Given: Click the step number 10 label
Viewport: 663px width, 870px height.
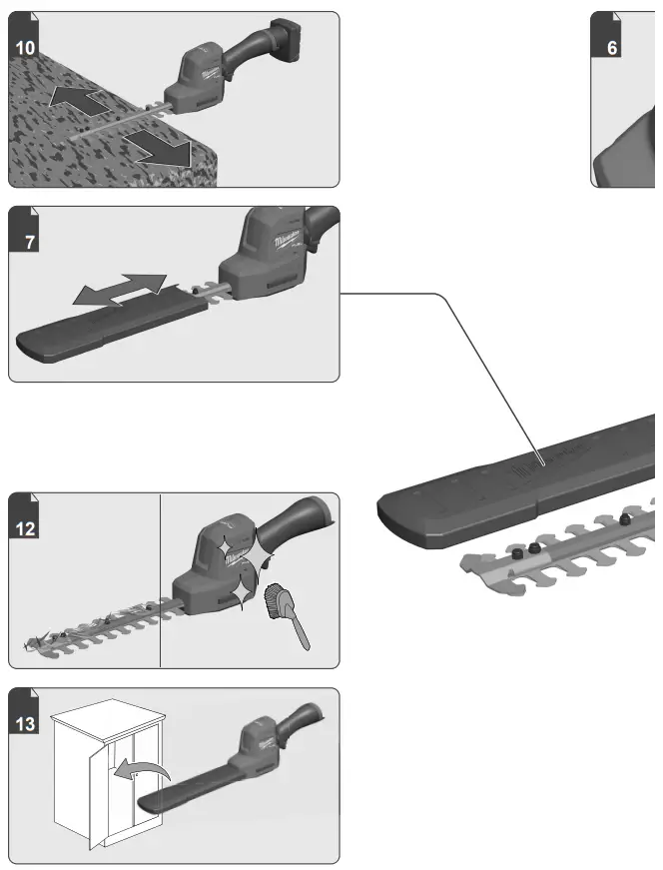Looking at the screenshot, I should (27, 47).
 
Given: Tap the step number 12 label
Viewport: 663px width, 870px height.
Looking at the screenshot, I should (27, 528).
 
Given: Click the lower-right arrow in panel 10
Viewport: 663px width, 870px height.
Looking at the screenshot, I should (165, 151).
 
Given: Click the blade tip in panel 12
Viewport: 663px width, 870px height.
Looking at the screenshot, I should (35, 640).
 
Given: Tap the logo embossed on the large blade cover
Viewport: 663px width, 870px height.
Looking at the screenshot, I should (539, 461).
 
